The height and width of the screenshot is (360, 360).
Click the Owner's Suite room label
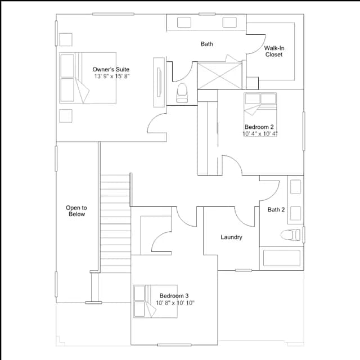tap(111, 69)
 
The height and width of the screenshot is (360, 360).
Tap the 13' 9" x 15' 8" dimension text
tap(112, 76)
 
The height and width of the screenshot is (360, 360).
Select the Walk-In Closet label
tap(274, 51)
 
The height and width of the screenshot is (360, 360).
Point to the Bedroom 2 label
tap(259, 127)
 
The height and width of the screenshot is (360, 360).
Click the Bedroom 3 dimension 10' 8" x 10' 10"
tap(175, 303)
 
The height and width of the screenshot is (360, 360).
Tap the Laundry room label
tap(231, 237)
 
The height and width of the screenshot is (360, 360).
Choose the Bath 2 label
tap(276, 209)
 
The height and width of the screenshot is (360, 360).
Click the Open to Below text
tap(76, 211)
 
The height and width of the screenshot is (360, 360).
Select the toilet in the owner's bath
tap(182, 93)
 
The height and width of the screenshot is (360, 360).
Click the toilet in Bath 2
tap(290, 235)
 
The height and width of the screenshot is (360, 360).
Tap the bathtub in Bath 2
tap(281, 258)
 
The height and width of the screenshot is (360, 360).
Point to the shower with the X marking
tap(220, 76)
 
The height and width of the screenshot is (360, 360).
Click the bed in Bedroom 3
tap(155, 301)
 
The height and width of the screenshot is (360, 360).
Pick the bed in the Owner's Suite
tap(88, 78)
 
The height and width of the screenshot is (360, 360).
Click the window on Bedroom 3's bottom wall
tap(174, 345)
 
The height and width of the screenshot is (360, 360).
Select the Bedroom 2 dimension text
tap(260, 134)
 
